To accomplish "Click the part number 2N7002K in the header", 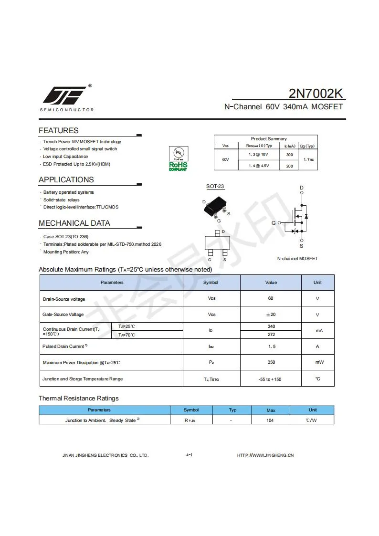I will click(x=316, y=93).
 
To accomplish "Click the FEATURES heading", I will click(x=58, y=130).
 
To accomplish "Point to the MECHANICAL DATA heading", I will click(x=74, y=223).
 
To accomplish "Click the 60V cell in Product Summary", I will click(x=226, y=159).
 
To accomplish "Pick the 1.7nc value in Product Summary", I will click(x=308, y=159).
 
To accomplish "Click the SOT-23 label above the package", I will click(x=215, y=186).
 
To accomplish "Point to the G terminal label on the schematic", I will click(x=274, y=223).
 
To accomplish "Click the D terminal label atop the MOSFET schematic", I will click(x=302, y=188).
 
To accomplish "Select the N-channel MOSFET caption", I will click(x=297, y=258).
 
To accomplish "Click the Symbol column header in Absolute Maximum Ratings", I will click(x=211, y=283).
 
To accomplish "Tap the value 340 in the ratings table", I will click(x=271, y=326).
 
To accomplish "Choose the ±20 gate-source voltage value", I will click(x=271, y=315).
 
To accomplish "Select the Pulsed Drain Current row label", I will click(x=64, y=346).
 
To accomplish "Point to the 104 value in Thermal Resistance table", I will click(x=271, y=420).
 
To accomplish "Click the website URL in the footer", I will click(x=265, y=455).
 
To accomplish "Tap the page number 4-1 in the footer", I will click(x=189, y=455).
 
